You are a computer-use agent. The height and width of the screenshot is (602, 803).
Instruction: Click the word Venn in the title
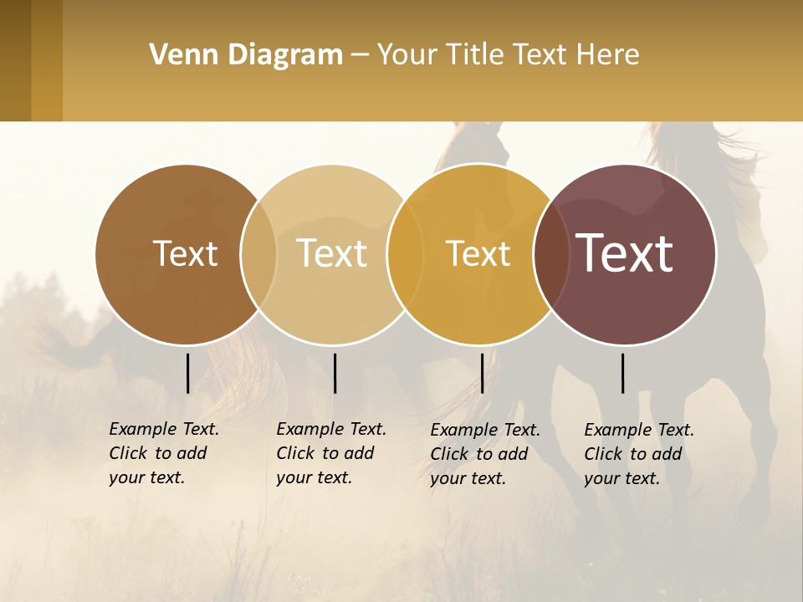point(177,55)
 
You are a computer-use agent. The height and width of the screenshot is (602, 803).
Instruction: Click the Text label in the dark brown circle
point(185,253)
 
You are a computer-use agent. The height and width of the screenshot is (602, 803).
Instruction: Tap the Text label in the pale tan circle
point(331,253)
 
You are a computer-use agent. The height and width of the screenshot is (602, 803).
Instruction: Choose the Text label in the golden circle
point(478,253)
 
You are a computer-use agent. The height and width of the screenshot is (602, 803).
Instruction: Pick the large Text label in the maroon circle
point(624,253)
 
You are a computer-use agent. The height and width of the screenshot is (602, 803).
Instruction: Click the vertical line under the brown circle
point(187,373)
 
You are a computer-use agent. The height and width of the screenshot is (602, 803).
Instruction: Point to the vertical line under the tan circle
point(335,373)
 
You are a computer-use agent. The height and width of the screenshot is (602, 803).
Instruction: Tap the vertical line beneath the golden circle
point(482,373)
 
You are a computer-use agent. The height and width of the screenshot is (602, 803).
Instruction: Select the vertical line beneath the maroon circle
point(623,373)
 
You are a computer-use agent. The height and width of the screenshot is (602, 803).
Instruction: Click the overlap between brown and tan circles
point(259,254)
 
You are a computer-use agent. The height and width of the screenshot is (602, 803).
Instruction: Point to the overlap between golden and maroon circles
point(552,254)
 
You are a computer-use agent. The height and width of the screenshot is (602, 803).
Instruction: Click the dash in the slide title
point(360,55)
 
